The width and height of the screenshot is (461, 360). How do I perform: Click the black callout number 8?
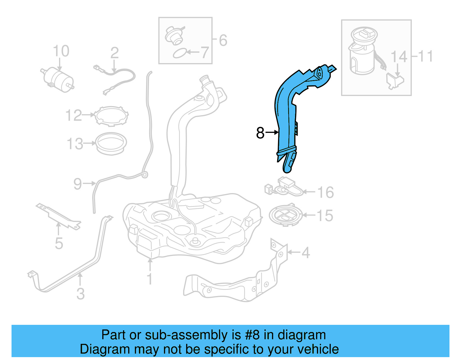[x=260, y=133]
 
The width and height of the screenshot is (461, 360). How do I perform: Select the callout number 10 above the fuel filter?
[x=61, y=51]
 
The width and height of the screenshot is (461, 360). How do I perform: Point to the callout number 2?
[x=114, y=53]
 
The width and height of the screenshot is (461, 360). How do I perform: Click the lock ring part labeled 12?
[x=112, y=116]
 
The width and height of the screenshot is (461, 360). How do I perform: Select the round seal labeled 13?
[x=111, y=143]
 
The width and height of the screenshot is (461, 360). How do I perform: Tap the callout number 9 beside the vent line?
[x=78, y=184]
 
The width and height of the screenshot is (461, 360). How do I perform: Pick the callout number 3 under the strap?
[x=81, y=294]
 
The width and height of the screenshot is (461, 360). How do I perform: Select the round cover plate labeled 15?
[x=286, y=215]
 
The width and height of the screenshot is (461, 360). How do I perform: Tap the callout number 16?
[x=326, y=192]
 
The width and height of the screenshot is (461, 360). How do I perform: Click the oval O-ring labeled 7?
[x=179, y=54]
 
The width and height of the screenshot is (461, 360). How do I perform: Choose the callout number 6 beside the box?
[x=223, y=40]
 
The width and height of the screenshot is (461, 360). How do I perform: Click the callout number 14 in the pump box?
[x=399, y=57]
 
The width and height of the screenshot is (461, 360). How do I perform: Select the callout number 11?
[x=426, y=56]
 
